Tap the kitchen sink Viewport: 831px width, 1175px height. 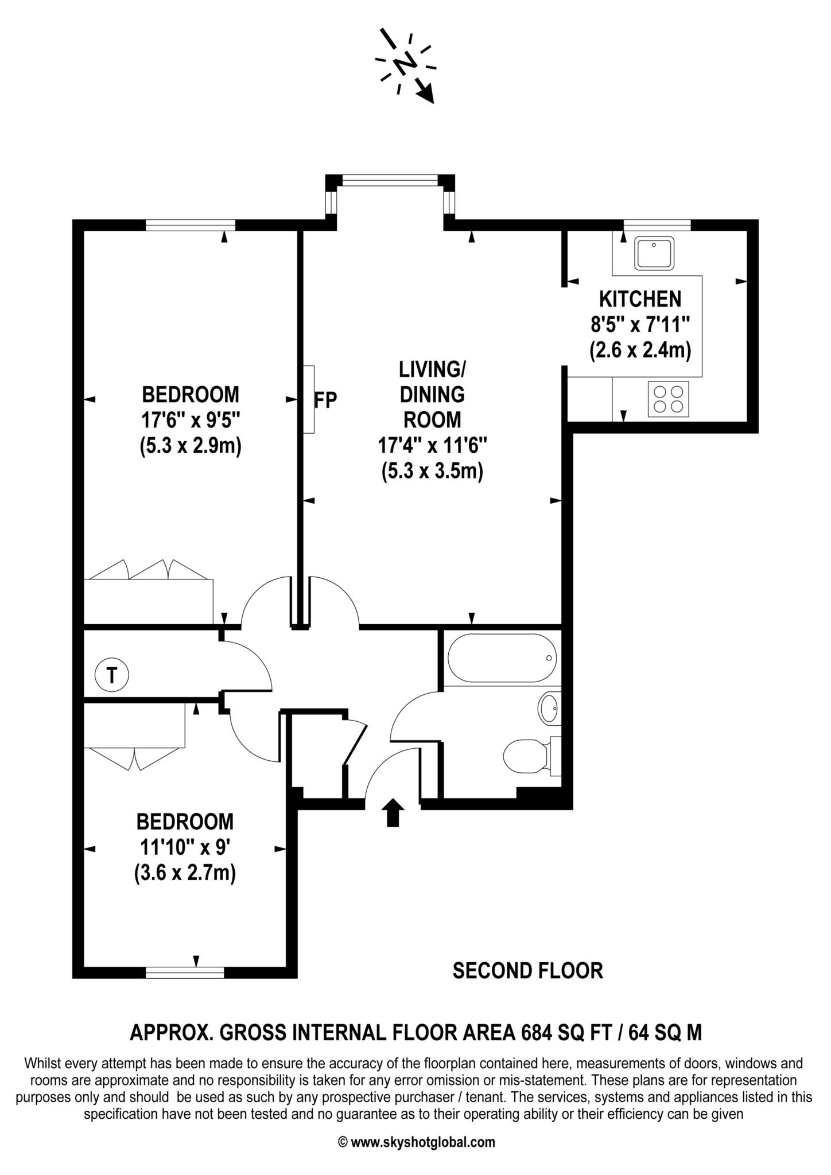pyautogui.click(x=654, y=253)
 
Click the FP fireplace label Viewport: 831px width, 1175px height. pyautogui.click(x=325, y=400)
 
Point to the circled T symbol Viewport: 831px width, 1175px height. pyautogui.click(x=112, y=675)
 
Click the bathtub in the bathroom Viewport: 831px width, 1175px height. pyautogui.click(x=502, y=658)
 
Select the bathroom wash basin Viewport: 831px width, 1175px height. pyautogui.click(x=549, y=708)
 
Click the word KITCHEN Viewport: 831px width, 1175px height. pyautogui.click(x=640, y=299)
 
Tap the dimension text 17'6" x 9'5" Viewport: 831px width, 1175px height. pyautogui.click(x=191, y=421)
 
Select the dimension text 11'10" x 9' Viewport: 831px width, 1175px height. pyautogui.click(x=185, y=847)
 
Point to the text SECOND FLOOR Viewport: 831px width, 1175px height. pyautogui.click(x=527, y=971)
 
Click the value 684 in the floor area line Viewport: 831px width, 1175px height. pyautogui.click(x=538, y=1033)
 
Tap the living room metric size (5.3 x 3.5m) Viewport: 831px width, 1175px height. pyautogui.click(x=432, y=471)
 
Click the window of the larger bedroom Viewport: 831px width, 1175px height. pyautogui.click(x=191, y=224)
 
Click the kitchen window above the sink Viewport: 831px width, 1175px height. pyautogui.click(x=657, y=224)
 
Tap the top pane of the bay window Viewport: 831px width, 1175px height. pyautogui.click(x=390, y=180)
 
